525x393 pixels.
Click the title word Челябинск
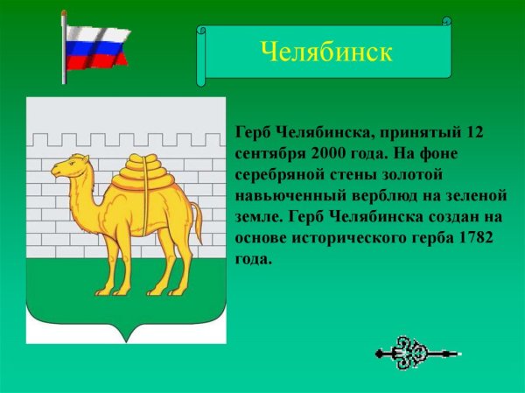[325, 51]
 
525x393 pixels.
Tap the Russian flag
[97, 47]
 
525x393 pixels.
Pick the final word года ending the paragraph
[254, 259]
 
